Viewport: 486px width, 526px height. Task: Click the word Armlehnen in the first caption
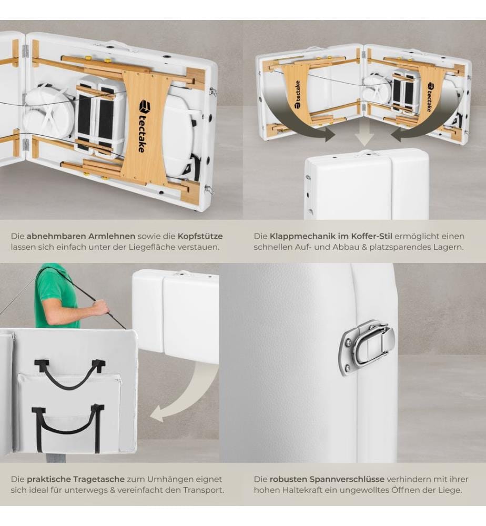click(112, 236)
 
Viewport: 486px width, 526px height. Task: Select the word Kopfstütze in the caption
click(200, 237)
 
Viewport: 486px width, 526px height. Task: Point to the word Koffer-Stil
click(371, 236)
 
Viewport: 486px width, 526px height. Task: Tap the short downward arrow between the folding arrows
click(364, 133)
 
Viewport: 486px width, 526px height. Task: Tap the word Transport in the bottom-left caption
click(203, 490)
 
